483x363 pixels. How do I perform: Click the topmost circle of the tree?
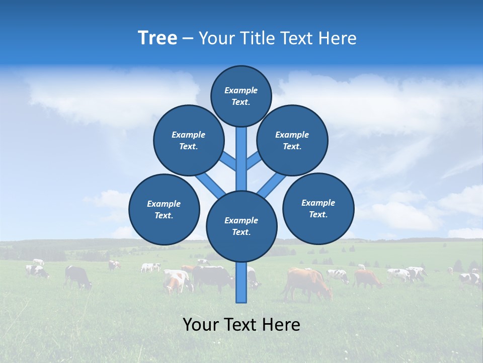(241, 96)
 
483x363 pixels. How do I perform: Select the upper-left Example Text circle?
(189, 140)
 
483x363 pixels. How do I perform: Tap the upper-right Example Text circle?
(292, 140)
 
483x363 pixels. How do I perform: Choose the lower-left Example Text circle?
(164, 209)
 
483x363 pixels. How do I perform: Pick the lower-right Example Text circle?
(318, 208)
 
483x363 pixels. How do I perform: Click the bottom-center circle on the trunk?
(242, 226)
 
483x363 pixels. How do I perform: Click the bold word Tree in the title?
(157, 38)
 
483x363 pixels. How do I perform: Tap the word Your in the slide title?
(216, 38)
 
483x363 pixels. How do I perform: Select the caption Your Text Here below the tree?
(242, 325)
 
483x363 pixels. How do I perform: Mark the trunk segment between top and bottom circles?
(242, 159)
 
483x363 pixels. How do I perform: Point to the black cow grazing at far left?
(78, 276)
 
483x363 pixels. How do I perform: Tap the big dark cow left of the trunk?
(214, 277)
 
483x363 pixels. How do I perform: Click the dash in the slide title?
(188, 38)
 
